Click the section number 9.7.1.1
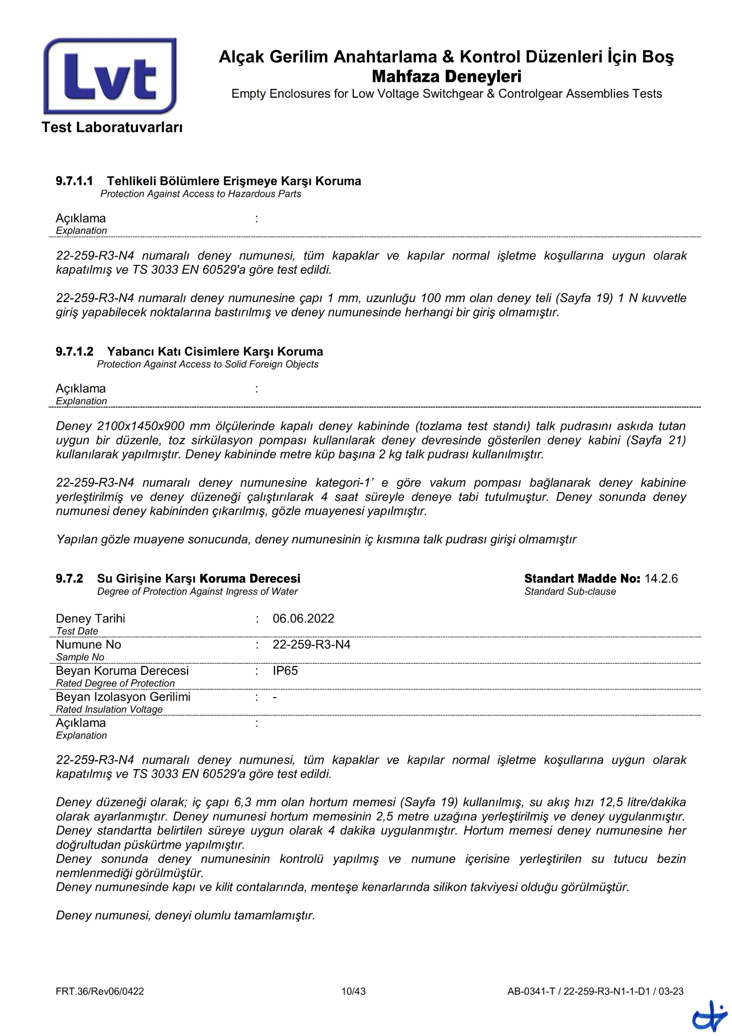click(74, 181)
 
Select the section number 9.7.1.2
click(74, 352)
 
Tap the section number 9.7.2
click(69, 578)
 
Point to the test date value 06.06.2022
click(303, 618)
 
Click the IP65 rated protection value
click(285, 671)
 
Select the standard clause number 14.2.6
click(661, 578)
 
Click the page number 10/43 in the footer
click(353, 991)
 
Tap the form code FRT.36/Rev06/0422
click(100, 991)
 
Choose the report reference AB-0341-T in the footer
click(531, 991)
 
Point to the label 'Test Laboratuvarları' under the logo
click(112, 127)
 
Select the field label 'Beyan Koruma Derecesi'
click(122, 671)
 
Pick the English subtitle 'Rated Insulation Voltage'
click(109, 709)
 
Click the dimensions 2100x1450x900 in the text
click(141, 426)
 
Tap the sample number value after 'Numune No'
click(311, 644)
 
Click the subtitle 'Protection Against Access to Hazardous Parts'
click(201, 194)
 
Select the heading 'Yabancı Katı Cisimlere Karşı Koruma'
click(215, 352)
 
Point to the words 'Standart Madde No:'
click(582, 578)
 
